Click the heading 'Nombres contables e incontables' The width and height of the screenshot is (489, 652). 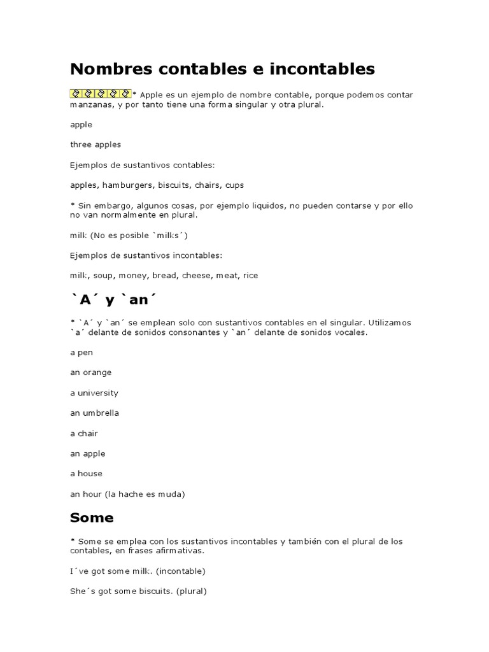click(222, 69)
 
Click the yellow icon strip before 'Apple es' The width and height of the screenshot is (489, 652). click(100, 94)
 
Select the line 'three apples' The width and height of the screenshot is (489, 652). click(95, 145)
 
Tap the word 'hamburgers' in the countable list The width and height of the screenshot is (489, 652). click(127, 185)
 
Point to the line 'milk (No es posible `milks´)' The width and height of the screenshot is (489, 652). click(129, 235)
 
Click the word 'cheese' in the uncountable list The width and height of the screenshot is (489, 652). click(196, 276)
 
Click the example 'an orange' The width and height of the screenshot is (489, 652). click(90, 372)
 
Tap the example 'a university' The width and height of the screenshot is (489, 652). click(94, 393)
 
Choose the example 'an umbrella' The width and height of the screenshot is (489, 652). click(94, 413)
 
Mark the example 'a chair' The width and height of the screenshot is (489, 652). click(83, 434)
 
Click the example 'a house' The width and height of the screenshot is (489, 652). click(86, 474)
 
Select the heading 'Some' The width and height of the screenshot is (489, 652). click(92, 518)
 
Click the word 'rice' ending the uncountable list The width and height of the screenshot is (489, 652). click(250, 276)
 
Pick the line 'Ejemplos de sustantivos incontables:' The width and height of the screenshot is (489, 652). click(146, 255)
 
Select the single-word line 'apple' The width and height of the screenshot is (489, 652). click(81, 125)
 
